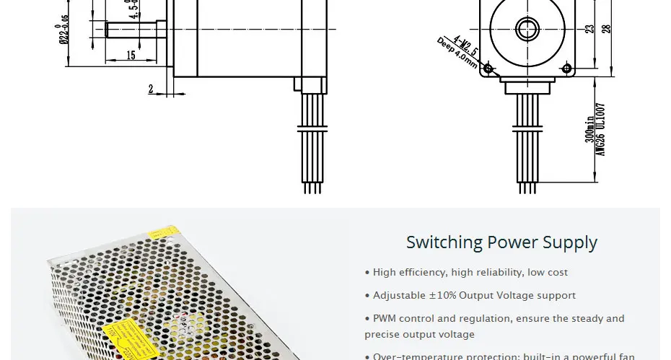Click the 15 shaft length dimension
(x=131, y=56)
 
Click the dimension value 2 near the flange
(x=151, y=89)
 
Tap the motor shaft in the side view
(x=138, y=30)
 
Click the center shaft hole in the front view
(x=527, y=30)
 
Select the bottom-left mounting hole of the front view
(x=488, y=69)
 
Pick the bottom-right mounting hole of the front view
(x=566, y=69)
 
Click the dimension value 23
(x=589, y=29)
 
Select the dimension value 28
(x=607, y=29)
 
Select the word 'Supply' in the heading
(x=571, y=243)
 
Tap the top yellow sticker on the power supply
(x=163, y=232)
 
